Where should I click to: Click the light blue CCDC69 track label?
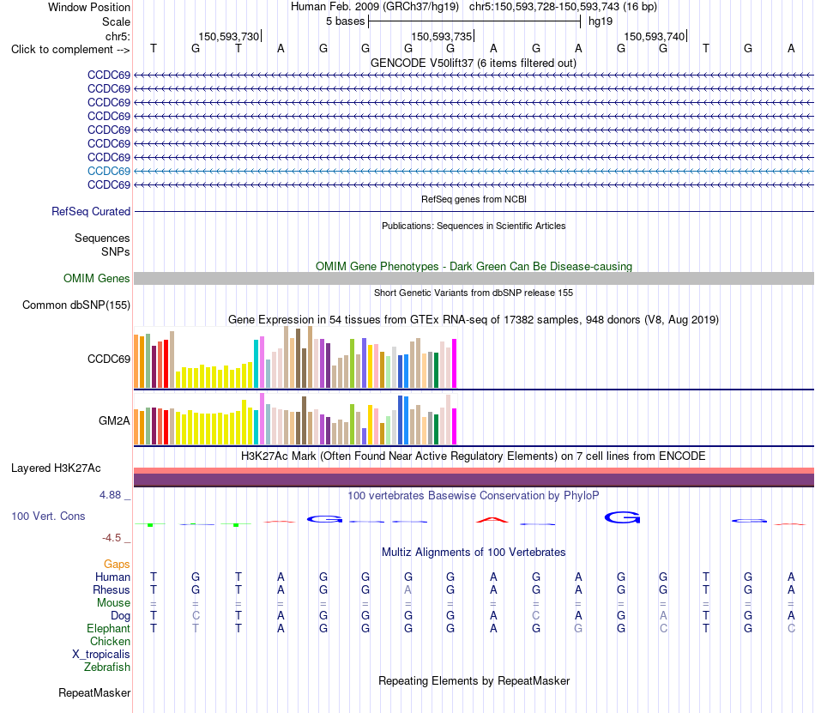(109, 171)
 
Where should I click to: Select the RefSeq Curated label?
(91, 212)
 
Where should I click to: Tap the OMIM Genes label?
(97, 279)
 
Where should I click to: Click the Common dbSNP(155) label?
(76, 305)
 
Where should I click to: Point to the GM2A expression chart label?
(114, 421)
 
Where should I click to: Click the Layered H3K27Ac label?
(56, 468)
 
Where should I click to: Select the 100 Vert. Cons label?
(48, 516)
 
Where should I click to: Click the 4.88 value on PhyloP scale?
(110, 495)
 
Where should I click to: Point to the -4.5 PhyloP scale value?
(112, 538)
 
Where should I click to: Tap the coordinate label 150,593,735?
(441, 36)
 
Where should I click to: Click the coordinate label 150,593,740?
(655, 36)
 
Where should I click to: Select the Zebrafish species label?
(107, 668)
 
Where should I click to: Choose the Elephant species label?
(109, 629)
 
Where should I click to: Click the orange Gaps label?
(117, 565)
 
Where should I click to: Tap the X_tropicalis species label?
(101, 655)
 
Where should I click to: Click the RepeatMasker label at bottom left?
(94, 692)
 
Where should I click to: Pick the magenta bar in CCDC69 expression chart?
(455, 363)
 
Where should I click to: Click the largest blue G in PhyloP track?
(622, 517)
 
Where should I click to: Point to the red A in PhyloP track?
(492, 520)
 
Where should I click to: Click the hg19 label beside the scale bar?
(601, 21)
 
